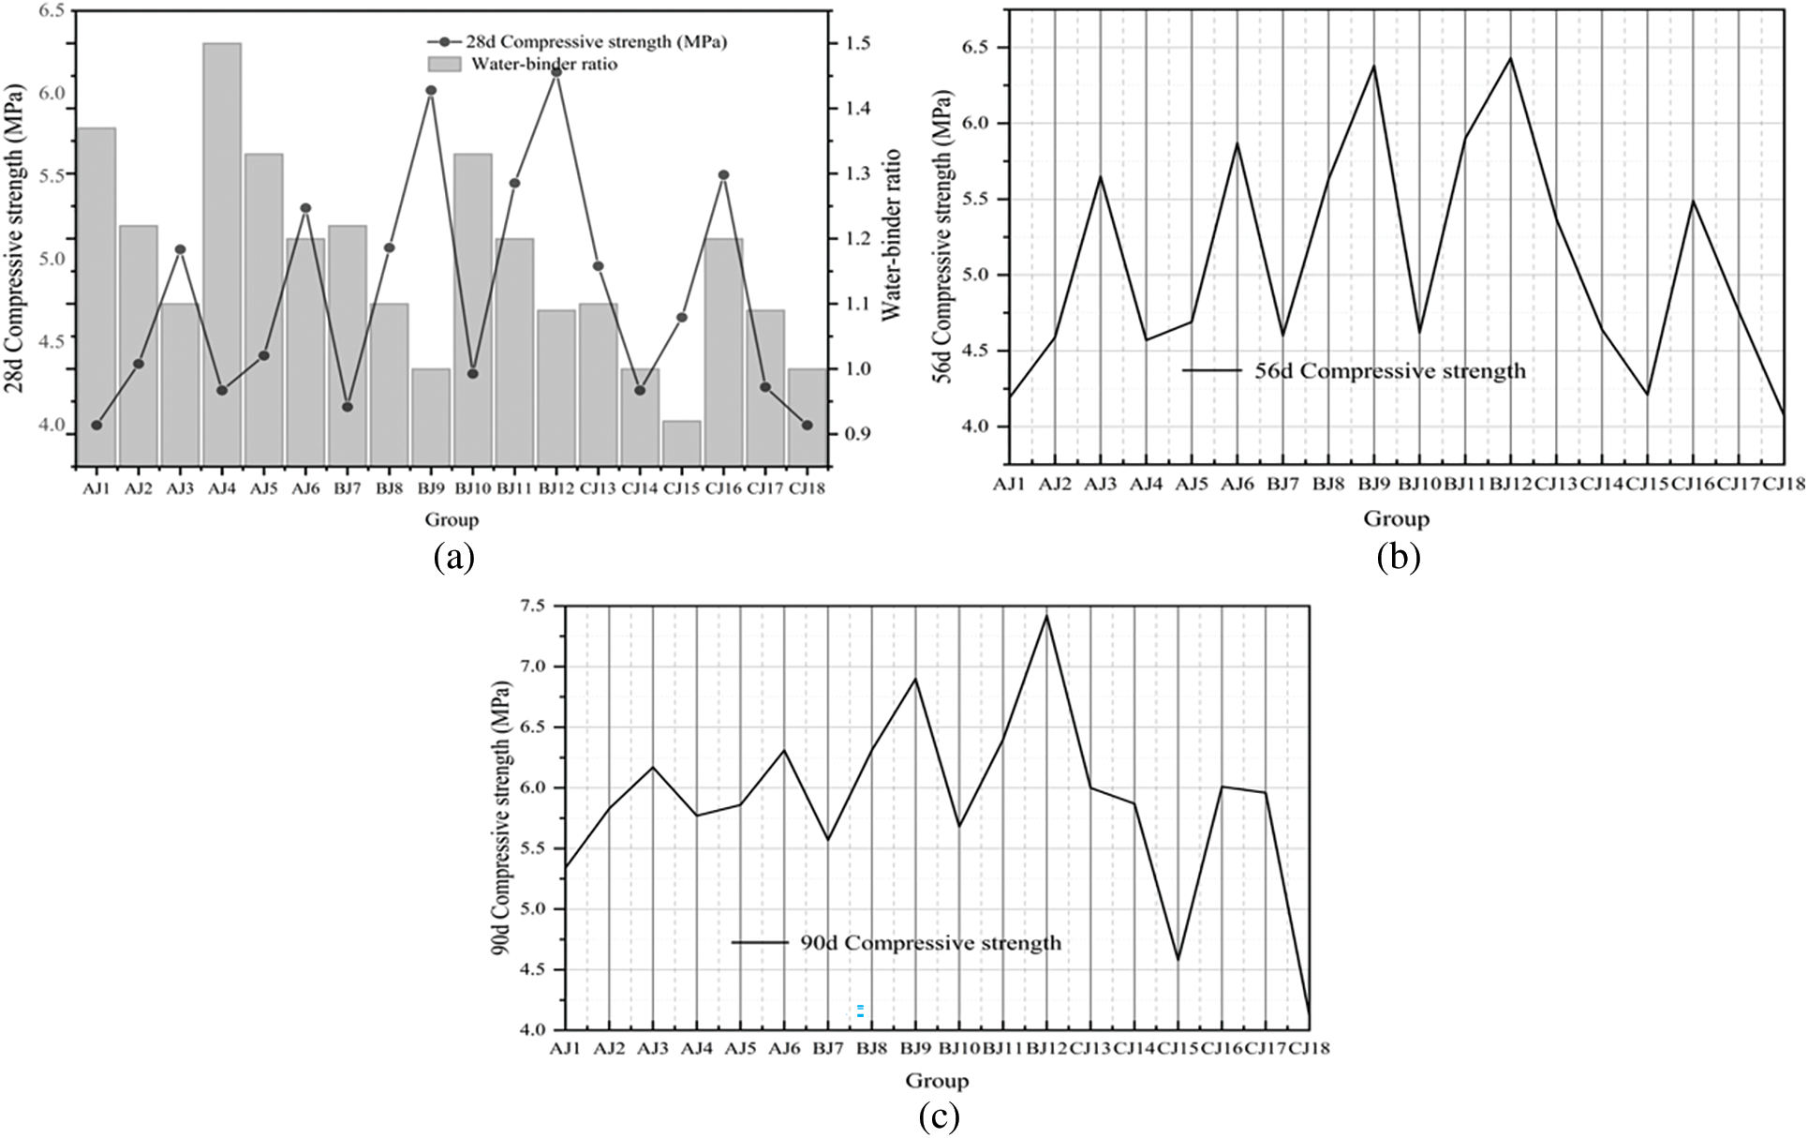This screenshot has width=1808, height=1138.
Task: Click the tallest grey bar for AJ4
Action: (x=222, y=253)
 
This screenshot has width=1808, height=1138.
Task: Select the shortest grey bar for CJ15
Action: (x=681, y=442)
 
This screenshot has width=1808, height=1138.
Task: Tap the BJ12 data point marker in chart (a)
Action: (x=556, y=72)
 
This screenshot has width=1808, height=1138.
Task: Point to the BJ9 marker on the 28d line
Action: (x=431, y=91)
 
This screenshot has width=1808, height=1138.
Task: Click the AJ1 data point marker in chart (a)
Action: (x=96, y=426)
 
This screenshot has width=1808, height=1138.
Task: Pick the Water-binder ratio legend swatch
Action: (x=445, y=64)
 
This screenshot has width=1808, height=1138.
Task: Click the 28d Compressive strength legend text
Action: (x=596, y=42)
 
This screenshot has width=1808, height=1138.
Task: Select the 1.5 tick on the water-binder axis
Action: (x=858, y=43)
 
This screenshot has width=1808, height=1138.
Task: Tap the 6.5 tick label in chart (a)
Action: (x=52, y=11)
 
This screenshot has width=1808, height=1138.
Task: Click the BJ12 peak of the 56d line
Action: (x=1510, y=59)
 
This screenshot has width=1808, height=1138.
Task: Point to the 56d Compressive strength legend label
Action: (x=1390, y=371)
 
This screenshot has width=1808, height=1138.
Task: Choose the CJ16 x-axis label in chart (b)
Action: (x=1693, y=484)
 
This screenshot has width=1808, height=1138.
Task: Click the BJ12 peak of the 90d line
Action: (x=1046, y=616)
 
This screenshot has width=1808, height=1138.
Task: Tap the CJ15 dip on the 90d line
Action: (x=1178, y=959)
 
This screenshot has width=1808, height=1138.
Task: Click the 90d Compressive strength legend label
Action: (x=930, y=943)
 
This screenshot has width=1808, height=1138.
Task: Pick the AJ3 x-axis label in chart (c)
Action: (x=653, y=1048)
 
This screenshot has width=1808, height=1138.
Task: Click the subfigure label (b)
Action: (x=1398, y=558)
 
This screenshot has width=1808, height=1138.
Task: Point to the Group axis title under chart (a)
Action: (x=452, y=520)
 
